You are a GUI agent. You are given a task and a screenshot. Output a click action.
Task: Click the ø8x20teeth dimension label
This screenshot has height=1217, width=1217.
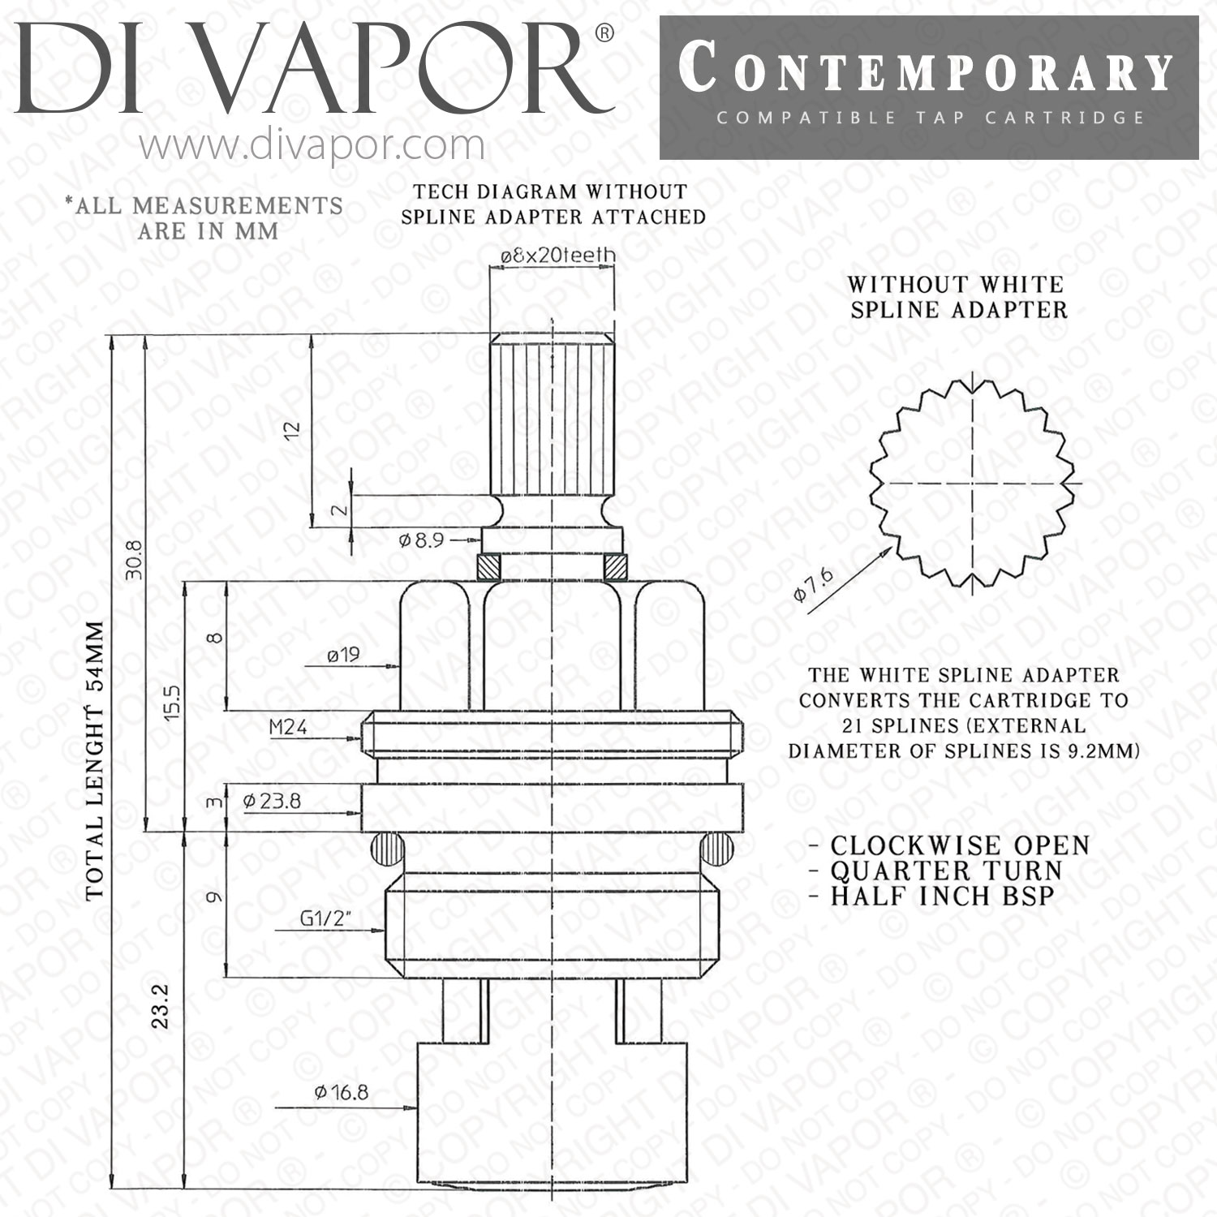[557, 255]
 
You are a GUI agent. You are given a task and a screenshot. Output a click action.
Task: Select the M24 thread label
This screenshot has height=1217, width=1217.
[288, 727]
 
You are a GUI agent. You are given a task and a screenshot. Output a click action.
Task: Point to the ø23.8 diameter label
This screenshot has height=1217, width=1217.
[272, 801]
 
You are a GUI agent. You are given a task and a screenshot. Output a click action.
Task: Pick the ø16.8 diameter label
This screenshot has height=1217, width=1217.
[342, 1092]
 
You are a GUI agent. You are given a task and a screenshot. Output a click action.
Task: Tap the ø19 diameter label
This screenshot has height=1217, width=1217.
[344, 654]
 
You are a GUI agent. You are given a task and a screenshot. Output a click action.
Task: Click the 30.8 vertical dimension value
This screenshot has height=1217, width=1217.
[134, 560]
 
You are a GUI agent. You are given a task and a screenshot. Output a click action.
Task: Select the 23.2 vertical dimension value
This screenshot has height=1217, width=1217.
[160, 1006]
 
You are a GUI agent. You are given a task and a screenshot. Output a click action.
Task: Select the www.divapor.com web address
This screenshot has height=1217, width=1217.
[312, 146]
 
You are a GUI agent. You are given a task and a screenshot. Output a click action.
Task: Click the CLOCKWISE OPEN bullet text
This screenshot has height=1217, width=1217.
[948, 845]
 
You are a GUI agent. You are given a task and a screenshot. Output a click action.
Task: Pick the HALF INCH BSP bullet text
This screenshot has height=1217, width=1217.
[931, 896]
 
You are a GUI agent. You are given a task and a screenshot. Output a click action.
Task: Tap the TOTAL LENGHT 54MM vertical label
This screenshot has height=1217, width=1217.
[96, 760]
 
